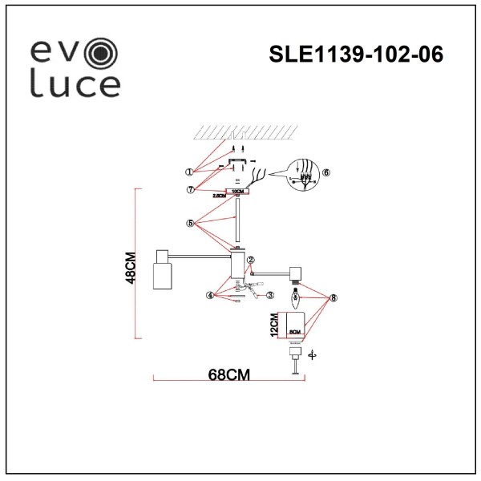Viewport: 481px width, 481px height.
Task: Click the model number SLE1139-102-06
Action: (356, 55)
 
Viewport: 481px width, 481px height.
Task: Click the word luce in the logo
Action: (75, 83)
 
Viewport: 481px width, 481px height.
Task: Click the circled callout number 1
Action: (189, 171)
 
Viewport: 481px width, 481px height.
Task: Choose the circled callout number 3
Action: (270, 295)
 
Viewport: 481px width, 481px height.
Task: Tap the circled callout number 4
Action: (210, 295)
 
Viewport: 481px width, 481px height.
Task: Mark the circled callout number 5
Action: (189, 224)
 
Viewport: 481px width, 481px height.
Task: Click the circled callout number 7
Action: (189, 189)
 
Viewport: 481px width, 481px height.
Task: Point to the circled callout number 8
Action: (333, 297)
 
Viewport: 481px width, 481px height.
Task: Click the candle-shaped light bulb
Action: (295, 304)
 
